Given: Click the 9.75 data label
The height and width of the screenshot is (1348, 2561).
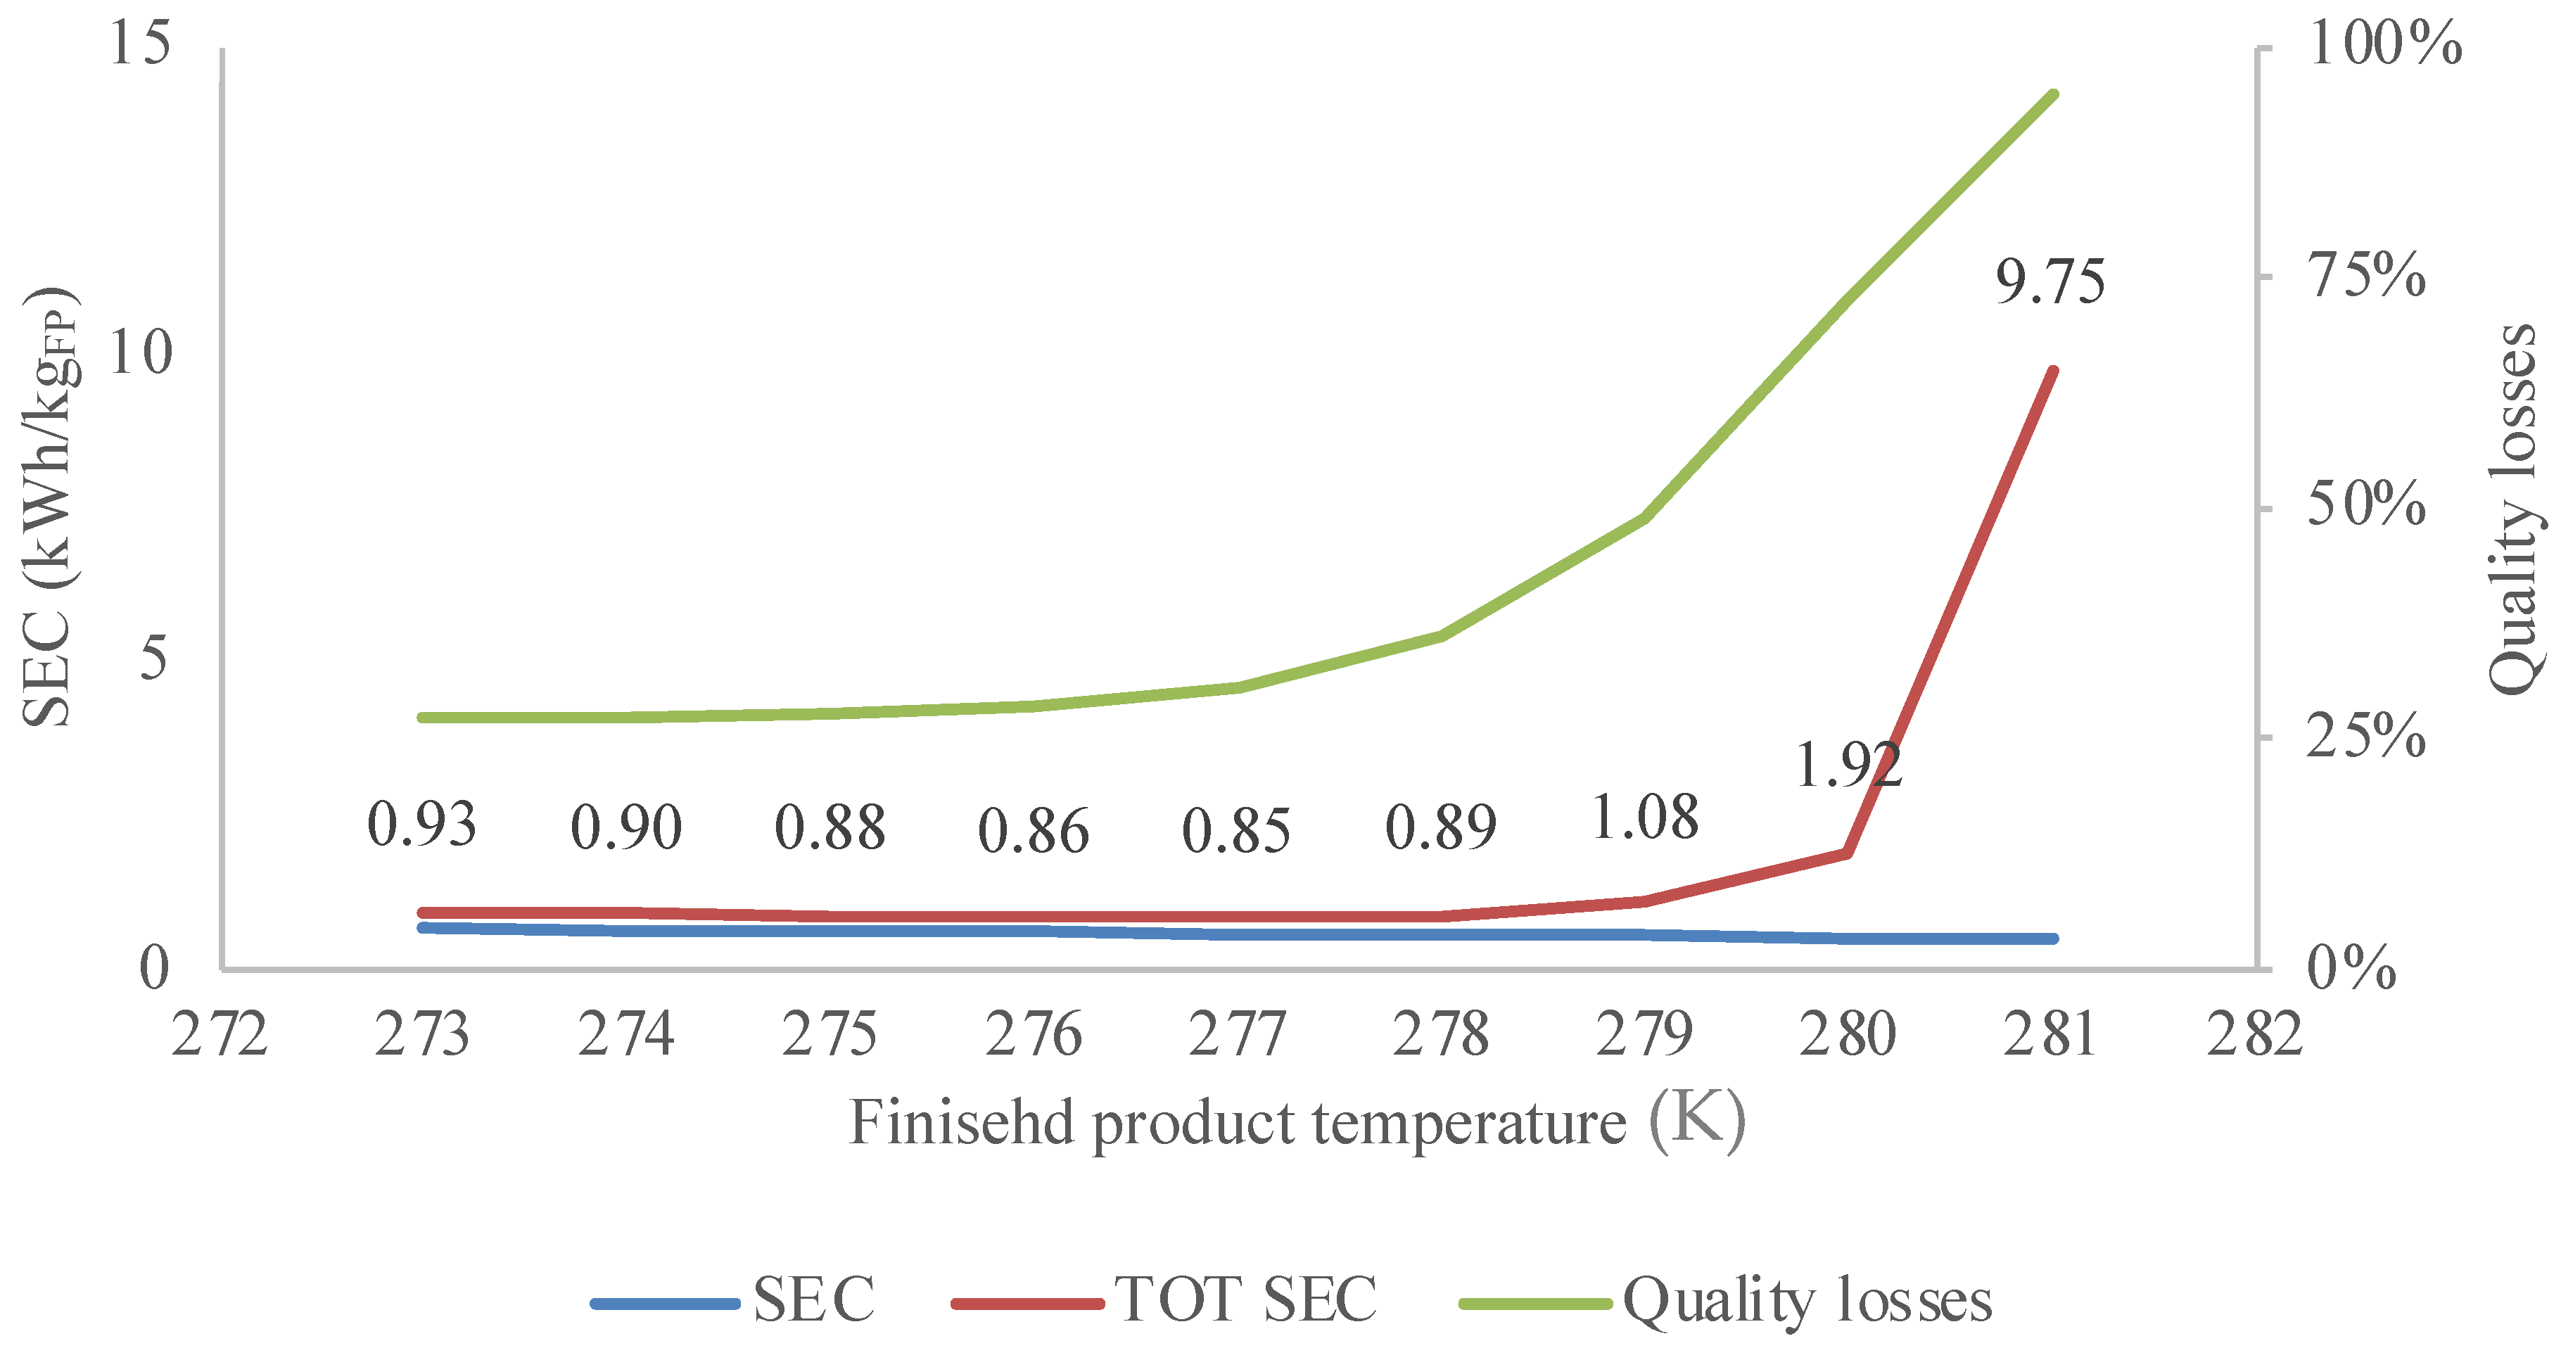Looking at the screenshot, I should (2050, 281).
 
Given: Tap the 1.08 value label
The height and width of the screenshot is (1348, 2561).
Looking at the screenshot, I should (1646, 818).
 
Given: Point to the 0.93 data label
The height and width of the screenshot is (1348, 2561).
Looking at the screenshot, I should (421, 825).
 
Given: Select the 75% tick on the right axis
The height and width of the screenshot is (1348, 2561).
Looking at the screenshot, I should (2366, 275).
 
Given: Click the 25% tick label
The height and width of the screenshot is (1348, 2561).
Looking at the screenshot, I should (2366, 737).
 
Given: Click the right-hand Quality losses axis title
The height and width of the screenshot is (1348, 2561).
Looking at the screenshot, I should (2513, 509).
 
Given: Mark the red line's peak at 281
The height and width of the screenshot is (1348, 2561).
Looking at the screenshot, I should (2053, 371).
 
